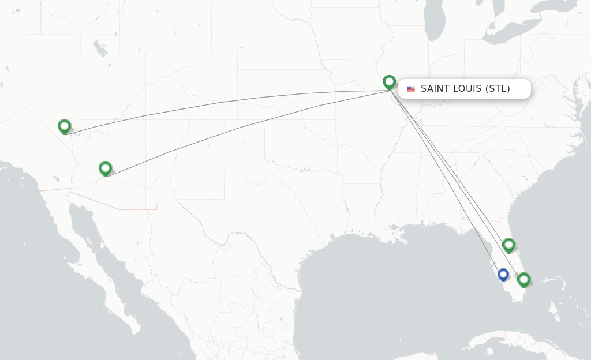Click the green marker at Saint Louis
[x=389, y=82]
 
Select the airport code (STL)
[x=498, y=89]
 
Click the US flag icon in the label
[x=411, y=89]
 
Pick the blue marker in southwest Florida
[x=503, y=275]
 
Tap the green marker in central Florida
[x=508, y=245]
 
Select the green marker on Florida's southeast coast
[x=523, y=280]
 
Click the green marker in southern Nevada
[x=64, y=126]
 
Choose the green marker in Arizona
[x=105, y=168]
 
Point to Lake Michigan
[x=434, y=23]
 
